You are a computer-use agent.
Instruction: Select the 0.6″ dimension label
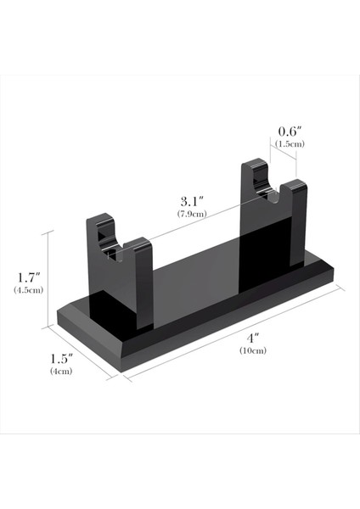(x=290, y=131)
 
